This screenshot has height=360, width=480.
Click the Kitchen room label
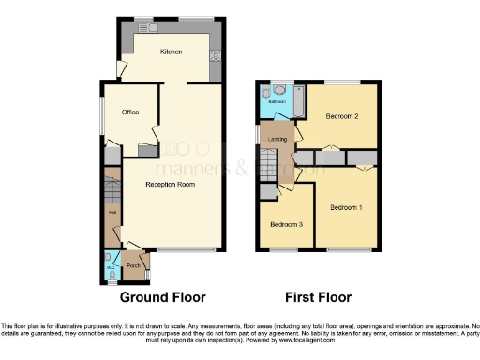[170, 52]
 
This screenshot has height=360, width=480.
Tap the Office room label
[129, 112]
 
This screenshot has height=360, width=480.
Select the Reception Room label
[170, 185]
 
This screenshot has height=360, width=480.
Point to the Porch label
[133, 265]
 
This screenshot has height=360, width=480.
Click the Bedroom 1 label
[347, 205]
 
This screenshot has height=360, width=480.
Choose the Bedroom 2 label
[343, 116]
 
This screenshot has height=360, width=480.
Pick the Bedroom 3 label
[286, 224]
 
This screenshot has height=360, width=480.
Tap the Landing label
[277, 139]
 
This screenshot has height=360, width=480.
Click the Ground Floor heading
[162, 297]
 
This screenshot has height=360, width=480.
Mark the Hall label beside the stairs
[112, 216]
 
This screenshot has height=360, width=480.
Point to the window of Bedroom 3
[283, 249]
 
